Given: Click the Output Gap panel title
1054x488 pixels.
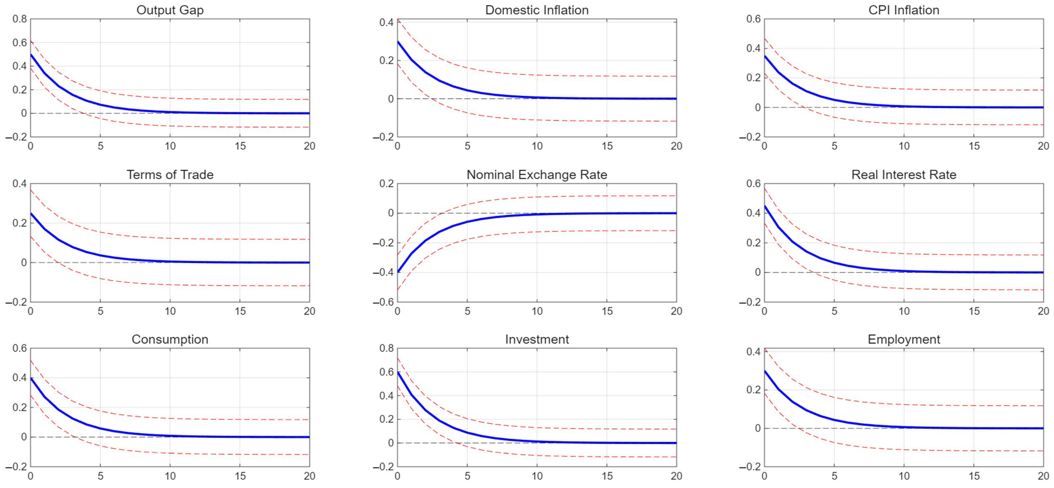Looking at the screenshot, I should (x=170, y=10).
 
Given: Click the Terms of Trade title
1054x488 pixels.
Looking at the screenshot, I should (x=170, y=175).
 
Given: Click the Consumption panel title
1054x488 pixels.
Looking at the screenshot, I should (x=170, y=339).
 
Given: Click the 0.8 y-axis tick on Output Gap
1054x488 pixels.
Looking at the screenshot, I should (x=19, y=19).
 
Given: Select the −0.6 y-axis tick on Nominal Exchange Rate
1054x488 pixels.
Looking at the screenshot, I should (x=383, y=302).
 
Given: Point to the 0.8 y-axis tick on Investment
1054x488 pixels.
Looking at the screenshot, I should (x=386, y=348).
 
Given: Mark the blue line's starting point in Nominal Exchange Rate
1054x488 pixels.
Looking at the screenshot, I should (x=398, y=272).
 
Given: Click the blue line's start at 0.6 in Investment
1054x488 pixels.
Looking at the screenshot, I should (x=398, y=372).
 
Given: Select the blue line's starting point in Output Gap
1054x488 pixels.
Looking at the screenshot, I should (x=31, y=55).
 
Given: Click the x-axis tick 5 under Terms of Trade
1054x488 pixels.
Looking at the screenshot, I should (x=100, y=311).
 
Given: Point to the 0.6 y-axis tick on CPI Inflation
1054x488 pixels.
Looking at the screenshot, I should (x=753, y=19).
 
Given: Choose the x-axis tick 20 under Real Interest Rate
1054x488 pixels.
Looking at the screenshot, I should (x=1043, y=311).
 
